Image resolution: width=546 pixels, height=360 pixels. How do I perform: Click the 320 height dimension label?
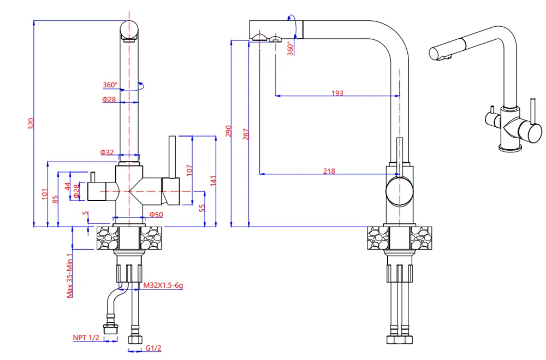(31, 124)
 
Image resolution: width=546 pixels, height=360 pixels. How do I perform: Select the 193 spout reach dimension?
(337, 93)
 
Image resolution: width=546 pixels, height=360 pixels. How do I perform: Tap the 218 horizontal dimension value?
(329, 171)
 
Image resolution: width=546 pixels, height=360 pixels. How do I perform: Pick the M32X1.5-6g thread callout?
(163, 286)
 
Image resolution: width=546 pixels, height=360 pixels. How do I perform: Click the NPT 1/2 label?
(86, 338)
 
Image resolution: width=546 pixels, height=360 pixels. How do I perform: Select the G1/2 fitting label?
(153, 348)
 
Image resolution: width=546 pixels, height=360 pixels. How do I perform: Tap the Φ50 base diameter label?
(157, 215)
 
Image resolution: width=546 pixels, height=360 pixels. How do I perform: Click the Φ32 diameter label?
(107, 152)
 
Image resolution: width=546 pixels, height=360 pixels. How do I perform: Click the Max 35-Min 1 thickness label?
(70, 275)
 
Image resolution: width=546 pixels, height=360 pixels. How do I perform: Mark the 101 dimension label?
(45, 194)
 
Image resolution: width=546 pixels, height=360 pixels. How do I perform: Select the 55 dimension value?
(201, 208)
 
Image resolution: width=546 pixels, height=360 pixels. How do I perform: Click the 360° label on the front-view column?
(110, 85)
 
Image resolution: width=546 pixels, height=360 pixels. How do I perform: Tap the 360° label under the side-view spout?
(289, 48)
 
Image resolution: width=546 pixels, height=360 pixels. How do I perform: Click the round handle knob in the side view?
(400, 191)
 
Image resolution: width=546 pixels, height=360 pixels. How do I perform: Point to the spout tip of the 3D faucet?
(434, 54)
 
